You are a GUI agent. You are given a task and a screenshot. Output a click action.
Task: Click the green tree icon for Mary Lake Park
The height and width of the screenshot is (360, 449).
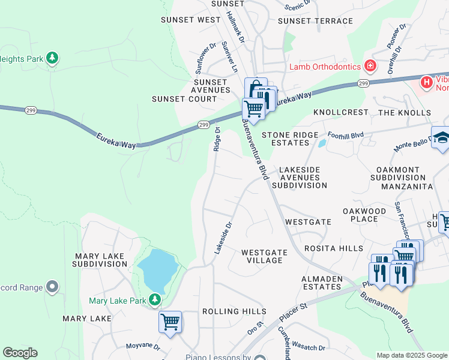(x=155, y=299)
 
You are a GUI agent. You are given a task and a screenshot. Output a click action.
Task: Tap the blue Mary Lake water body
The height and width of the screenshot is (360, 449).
(x=157, y=269)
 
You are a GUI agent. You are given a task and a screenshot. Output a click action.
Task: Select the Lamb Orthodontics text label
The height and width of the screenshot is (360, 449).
(x=324, y=67)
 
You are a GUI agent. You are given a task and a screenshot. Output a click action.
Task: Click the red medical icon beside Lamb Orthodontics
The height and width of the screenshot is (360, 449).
(x=370, y=65)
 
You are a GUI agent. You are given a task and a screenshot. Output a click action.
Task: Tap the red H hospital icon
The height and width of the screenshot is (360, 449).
(x=426, y=82)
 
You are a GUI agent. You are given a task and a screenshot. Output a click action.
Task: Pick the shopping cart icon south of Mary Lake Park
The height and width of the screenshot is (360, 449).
(x=170, y=322)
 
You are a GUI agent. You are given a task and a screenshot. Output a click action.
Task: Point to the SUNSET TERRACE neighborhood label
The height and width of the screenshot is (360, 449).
(x=315, y=20)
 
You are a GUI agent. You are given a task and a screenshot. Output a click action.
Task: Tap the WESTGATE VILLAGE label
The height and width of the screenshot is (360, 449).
(x=262, y=256)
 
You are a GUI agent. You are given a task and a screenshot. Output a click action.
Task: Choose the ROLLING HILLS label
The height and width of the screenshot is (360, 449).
(x=234, y=311)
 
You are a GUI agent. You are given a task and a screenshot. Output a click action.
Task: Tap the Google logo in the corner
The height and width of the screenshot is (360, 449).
(x=20, y=353)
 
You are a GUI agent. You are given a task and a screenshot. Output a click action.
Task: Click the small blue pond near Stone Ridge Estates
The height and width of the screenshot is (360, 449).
(x=322, y=143)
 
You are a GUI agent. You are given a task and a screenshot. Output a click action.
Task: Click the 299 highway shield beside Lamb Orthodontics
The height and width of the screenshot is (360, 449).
(x=363, y=83)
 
